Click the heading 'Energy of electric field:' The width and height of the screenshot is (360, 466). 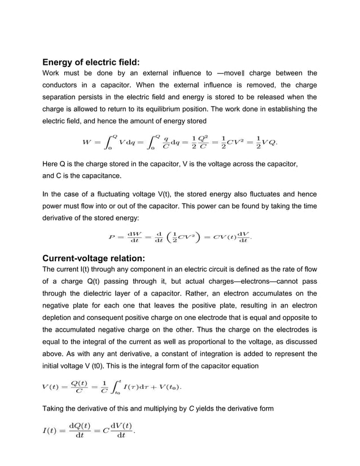(x=91, y=61)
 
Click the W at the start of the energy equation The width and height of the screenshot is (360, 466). (x=89, y=142)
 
